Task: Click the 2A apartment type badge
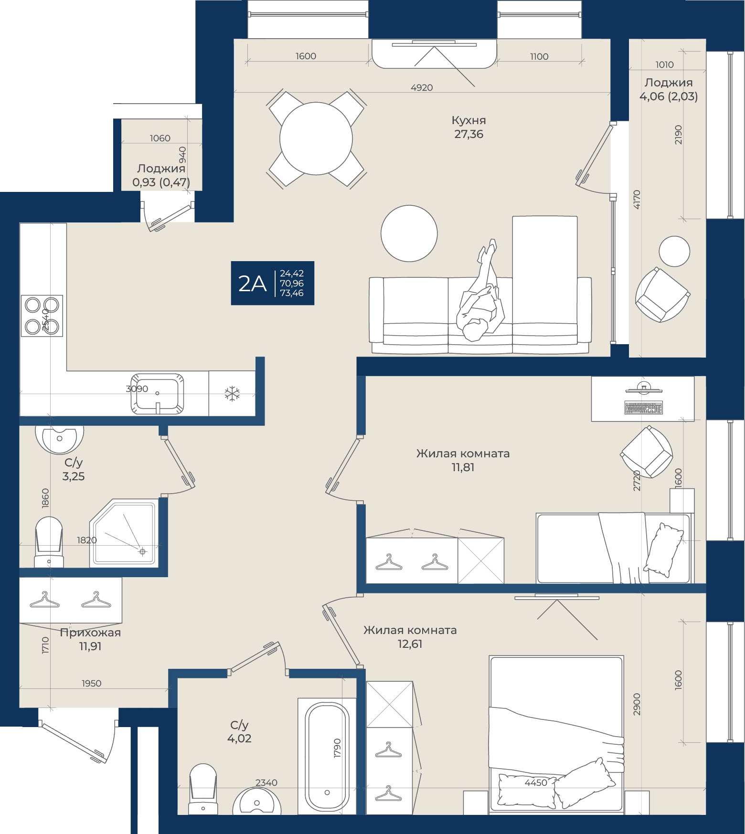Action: pyautogui.click(x=273, y=283)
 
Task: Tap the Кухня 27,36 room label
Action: pyautogui.click(x=468, y=127)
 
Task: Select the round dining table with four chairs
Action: pyautogui.click(x=316, y=138)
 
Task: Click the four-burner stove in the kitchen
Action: pyautogui.click(x=42, y=316)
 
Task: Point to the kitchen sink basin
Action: pyautogui.click(x=157, y=394)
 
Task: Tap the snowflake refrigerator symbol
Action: pyautogui.click(x=232, y=394)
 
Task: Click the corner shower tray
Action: pyautogui.click(x=124, y=533)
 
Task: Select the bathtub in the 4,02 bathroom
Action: pyautogui.click(x=327, y=756)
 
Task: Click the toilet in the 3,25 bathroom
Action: pyautogui.click(x=49, y=542)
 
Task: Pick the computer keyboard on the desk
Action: pyautogui.click(x=643, y=408)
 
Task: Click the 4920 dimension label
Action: pyautogui.click(x=422, y=87)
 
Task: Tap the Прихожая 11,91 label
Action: pyautogui.click(x=90, y=639)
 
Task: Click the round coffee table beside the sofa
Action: pyautogui.click(x=409, y=233)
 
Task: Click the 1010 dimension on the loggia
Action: pyautogui.click(x=665, y=64)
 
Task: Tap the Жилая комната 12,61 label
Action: pyautogui.click(x=410, y=637)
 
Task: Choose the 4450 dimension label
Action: pyautogui.click(x=536, y=782)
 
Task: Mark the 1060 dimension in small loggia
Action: pyautogui.click(x=160, y=138)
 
